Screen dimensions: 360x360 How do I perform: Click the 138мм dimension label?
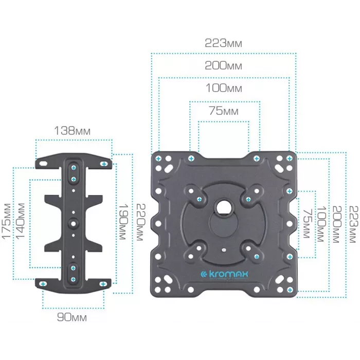72,131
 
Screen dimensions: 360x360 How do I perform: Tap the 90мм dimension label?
72,317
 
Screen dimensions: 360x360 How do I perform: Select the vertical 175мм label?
7,221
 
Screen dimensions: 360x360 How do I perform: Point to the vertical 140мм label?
20,221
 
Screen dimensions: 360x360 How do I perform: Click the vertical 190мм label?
122,222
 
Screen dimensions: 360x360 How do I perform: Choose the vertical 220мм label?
140,222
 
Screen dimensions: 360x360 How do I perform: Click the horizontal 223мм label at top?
223,43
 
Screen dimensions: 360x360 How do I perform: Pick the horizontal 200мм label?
223,65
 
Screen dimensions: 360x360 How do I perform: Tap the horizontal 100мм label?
224,88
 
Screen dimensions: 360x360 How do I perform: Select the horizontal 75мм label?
223,111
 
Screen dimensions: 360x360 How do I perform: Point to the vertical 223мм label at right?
354,224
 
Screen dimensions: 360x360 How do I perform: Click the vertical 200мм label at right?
337,224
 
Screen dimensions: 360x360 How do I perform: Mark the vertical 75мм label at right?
307,223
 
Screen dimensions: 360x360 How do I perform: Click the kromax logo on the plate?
224,274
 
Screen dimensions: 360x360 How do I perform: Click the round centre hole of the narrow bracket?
74,223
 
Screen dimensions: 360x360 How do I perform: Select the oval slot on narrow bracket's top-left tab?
43,164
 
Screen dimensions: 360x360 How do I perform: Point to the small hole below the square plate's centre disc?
224,250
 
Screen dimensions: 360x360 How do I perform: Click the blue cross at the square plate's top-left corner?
158,158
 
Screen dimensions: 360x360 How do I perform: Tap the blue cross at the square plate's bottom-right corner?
290,290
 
